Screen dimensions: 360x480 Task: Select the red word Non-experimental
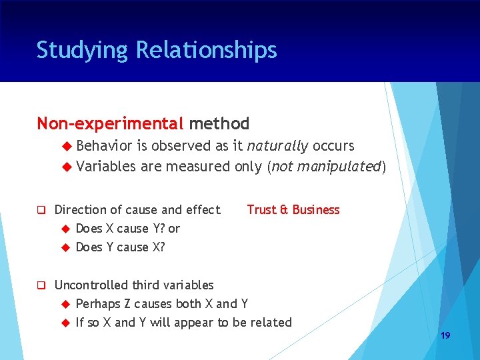(110, 124)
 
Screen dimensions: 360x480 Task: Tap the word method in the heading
(219, 124)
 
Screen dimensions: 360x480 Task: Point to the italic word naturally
(278, 146)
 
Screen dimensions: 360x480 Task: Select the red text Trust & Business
(293, 210)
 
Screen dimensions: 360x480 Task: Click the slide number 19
(445, 335)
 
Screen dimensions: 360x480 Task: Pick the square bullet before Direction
(41, 210)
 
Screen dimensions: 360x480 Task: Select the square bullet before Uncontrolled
(41, 285)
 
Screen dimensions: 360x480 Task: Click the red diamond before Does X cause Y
(65, 229)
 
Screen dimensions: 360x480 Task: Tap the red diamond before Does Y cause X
(65, 247)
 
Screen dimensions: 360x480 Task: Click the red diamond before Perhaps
(65, 304)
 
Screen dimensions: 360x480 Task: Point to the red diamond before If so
(65, 323)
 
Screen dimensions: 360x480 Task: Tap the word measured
(198, 166)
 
